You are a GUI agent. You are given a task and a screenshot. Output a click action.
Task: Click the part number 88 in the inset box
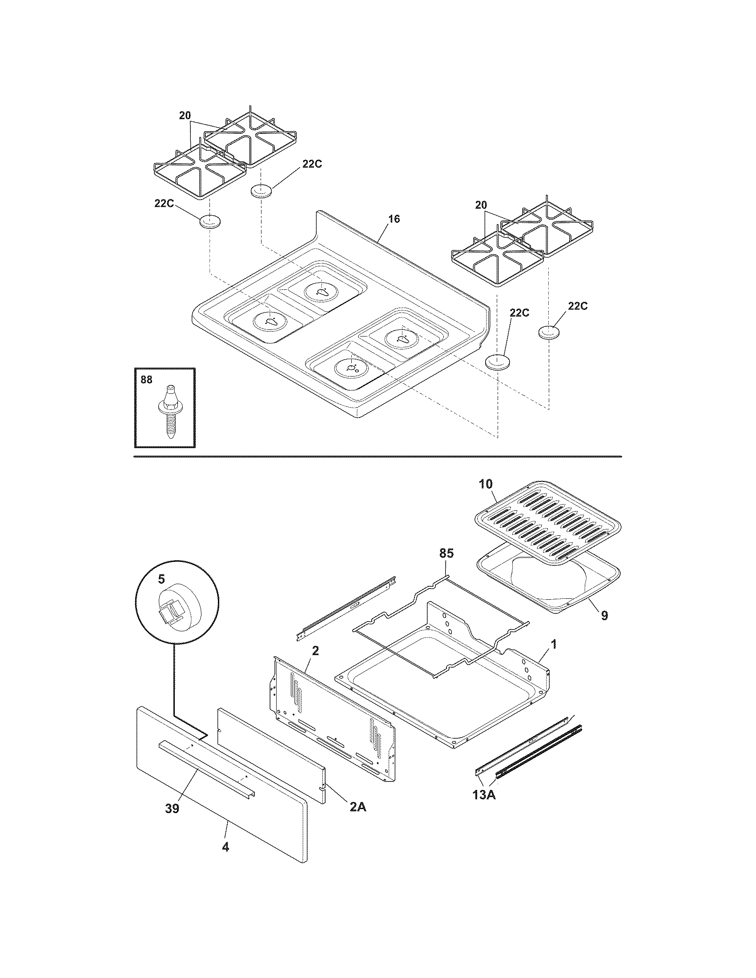click(146, 380)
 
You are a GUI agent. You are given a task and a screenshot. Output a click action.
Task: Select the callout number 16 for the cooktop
click(394, 219)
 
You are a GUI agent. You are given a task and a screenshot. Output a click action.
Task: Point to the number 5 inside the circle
click(161, 579)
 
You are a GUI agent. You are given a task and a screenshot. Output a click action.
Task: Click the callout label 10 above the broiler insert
click(486, 484)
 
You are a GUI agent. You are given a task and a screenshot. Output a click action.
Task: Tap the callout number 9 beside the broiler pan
click(604, 616)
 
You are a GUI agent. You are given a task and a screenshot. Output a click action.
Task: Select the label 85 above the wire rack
click(446, 553)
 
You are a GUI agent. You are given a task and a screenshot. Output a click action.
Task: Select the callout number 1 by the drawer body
click(554, 645)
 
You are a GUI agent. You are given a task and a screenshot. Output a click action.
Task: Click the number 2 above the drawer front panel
click(315, 651)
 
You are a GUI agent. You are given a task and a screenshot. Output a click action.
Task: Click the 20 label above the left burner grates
click(185, 116)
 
